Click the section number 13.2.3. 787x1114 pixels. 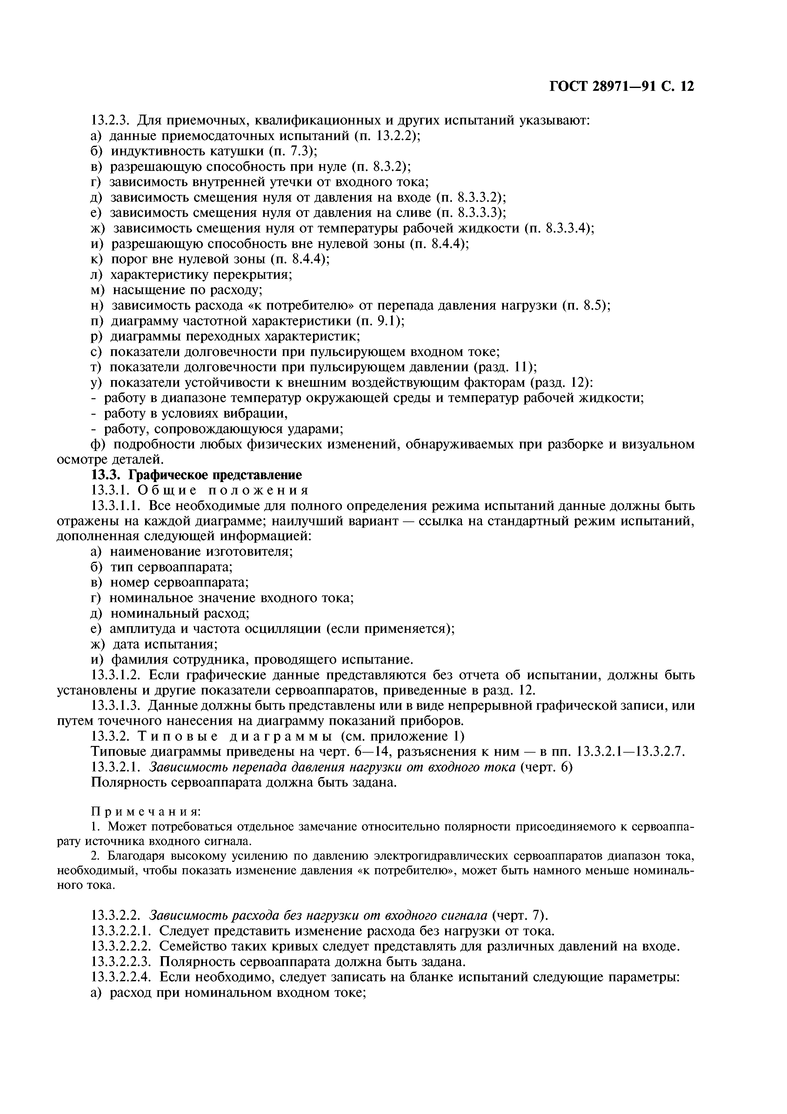(111, 120)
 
